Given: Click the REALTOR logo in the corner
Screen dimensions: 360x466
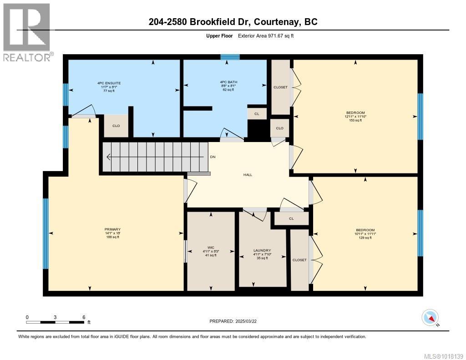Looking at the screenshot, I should click(x=27, y=32).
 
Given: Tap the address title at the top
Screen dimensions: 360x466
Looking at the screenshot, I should click(x=233, y=21).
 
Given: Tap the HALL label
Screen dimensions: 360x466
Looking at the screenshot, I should click(x=248, y=174).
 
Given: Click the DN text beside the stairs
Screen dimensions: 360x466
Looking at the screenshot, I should click(x=213, y=157).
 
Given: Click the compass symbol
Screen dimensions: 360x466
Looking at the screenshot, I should click(x=430, y=317).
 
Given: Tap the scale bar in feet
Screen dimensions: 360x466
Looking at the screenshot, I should click(x=55, y=322).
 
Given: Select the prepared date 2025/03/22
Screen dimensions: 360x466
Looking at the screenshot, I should click(x=233, y=321).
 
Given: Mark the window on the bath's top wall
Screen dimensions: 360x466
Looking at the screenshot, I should click(x=230, y=57).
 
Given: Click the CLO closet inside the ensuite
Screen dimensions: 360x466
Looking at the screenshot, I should click(x=116, y=126).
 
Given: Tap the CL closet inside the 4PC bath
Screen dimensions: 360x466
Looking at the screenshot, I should click(x=257, y=114).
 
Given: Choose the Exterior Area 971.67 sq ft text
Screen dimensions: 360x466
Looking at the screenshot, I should click(x=269, y=35).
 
